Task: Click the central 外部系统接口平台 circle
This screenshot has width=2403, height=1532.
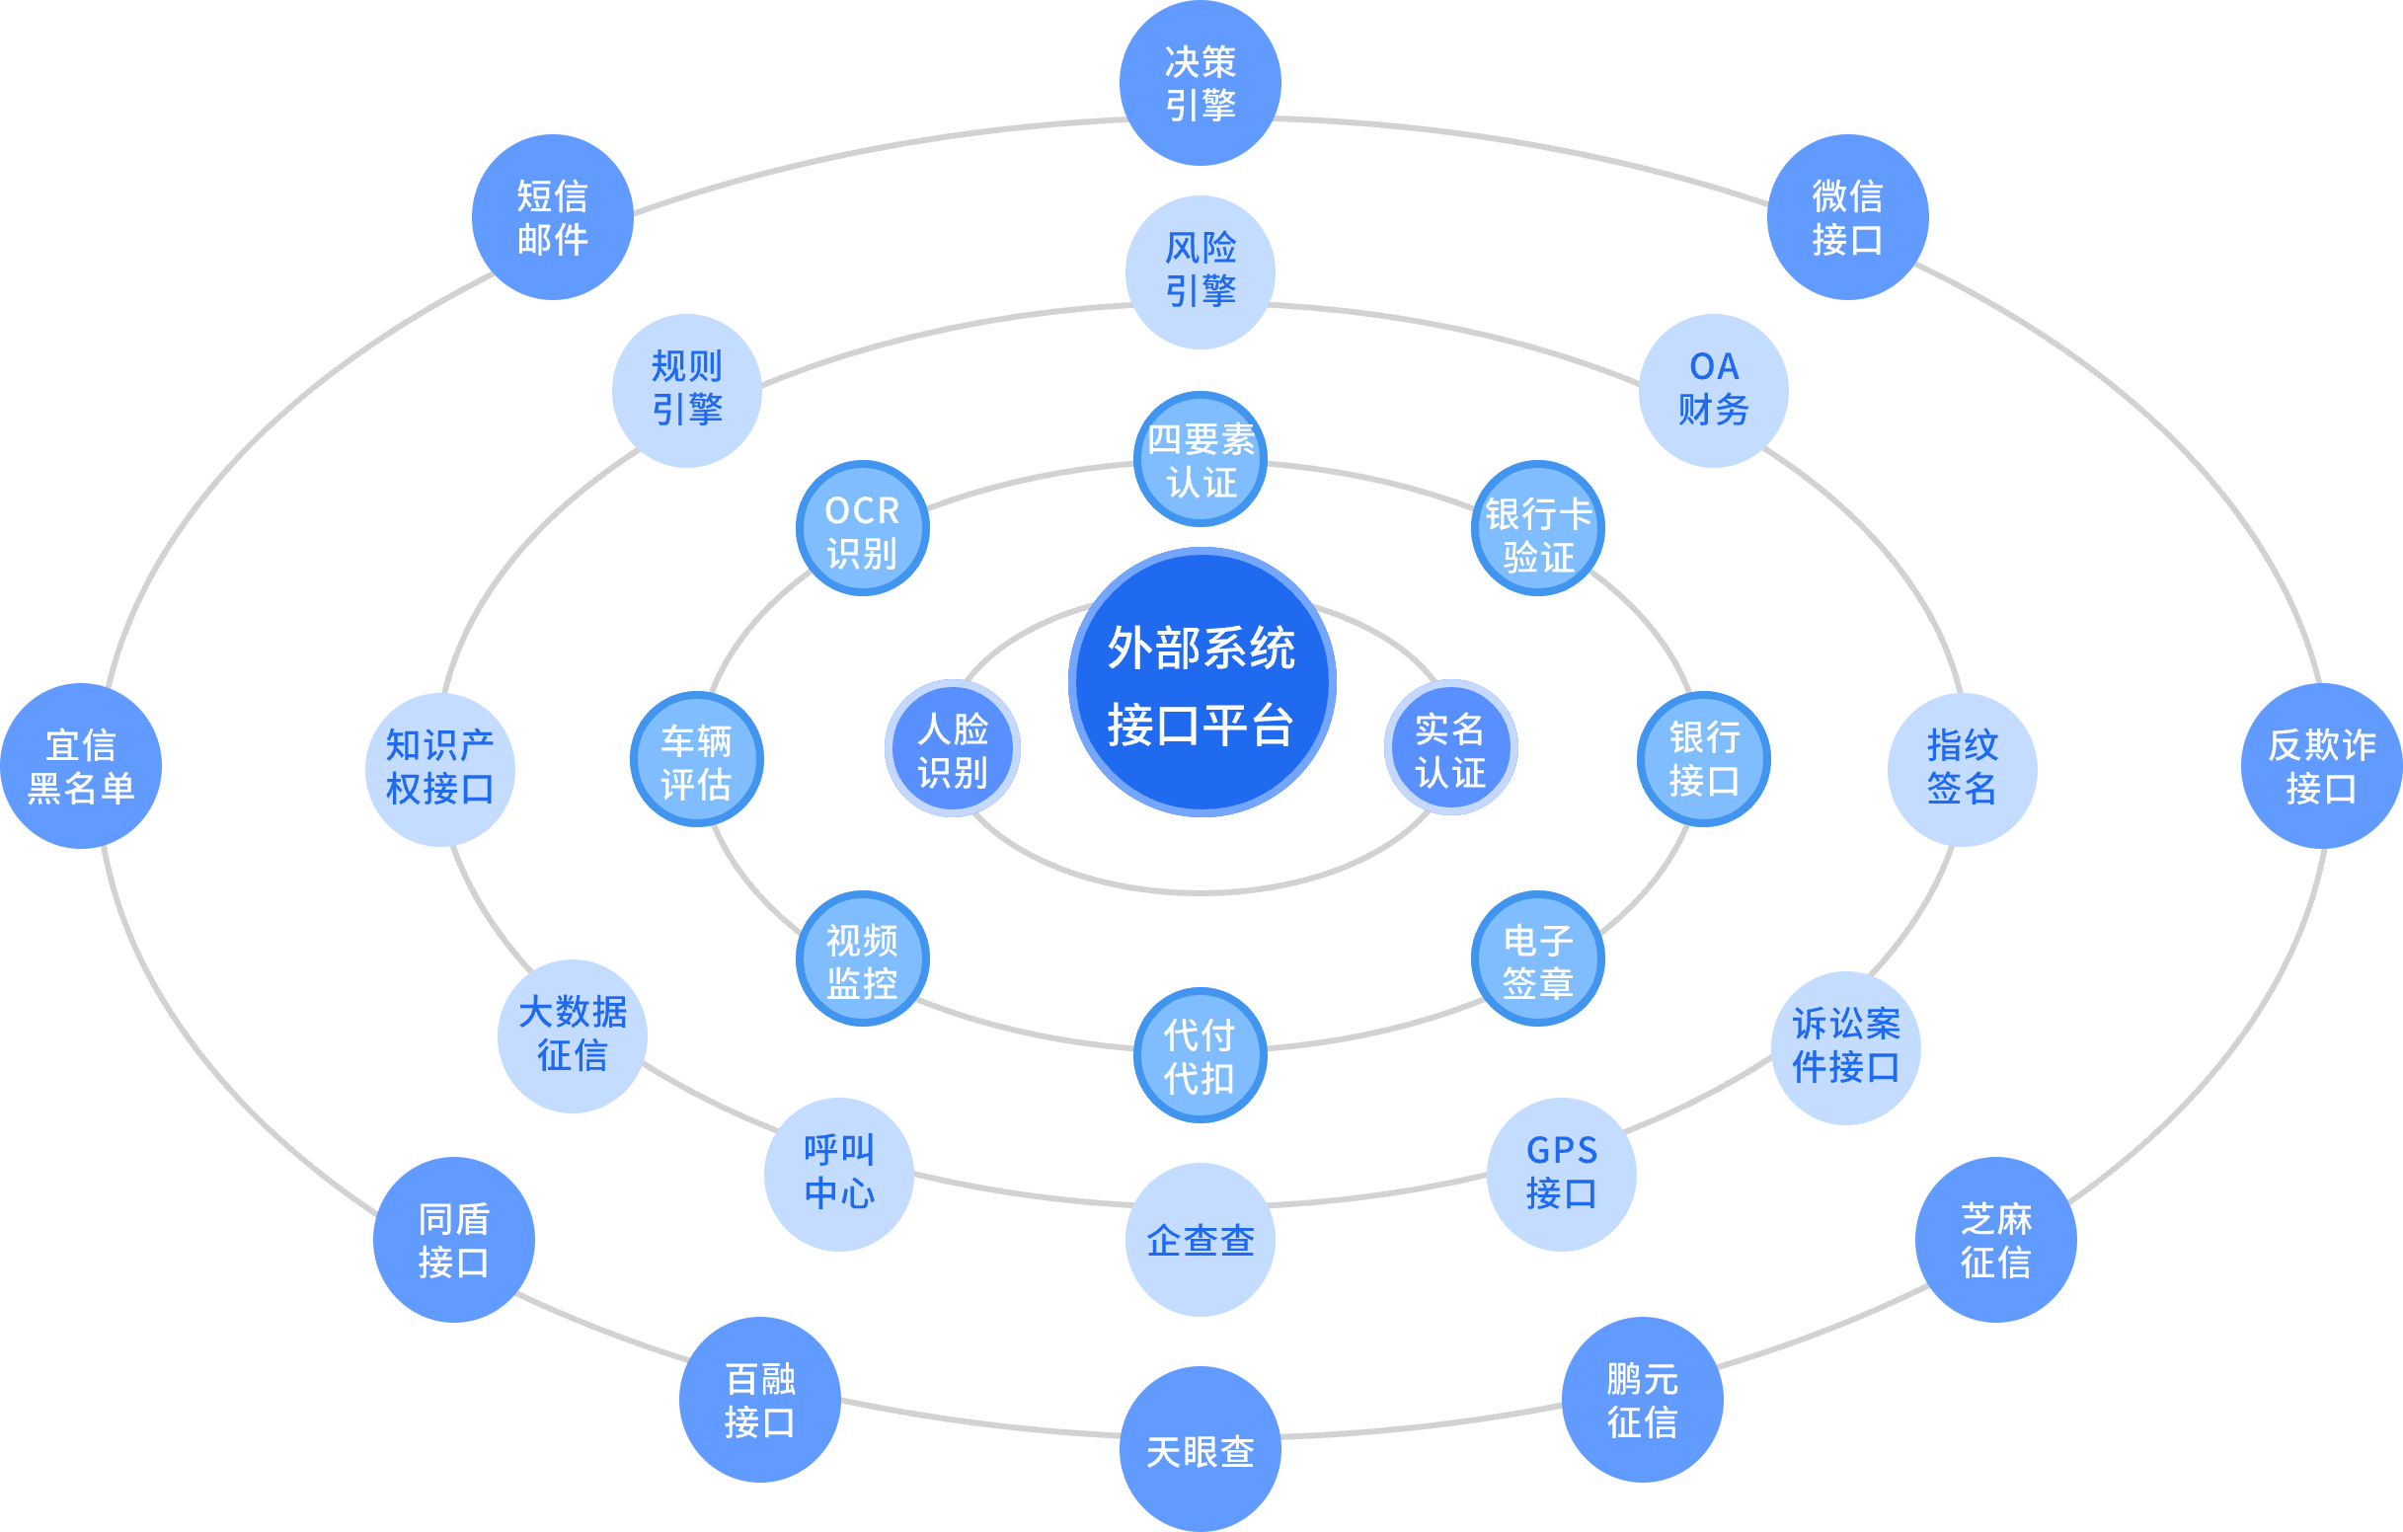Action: pyautogui.click(x=1201, y=683)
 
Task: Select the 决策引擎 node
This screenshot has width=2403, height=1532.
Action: pyautogui.click(x=1201, y=83)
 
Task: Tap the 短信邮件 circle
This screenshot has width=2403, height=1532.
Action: pyautogui.click(x=552, y=216)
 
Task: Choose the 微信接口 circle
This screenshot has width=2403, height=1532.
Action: pyautogui.click(x=1847, y=216)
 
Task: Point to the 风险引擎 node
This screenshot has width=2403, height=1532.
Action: pyautogui.click(x=1201, y=270)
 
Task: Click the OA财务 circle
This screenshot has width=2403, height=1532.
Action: pyautogui.click(x=1714, y=389)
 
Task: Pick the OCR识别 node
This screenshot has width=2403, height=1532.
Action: pyautogui.click(x=862, y=529)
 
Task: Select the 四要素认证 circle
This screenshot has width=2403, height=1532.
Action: pyautogui.click(x=1201, y=459)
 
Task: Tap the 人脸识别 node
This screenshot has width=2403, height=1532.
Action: pyautogui.click(x=952, y=748)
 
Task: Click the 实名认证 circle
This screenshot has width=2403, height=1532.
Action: pyautogui.click(x=1450, y=748)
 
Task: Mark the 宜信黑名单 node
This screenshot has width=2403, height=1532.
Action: pyautogui.click(x=81, y=765)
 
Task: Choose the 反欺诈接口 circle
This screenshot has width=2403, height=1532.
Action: pyautogui.click(x=2321, y=765)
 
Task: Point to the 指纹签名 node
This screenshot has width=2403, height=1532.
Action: pyautogui.click(x=1962, y=769)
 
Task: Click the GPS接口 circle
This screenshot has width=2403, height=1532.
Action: pyautogui.click(x=1562, y=1173)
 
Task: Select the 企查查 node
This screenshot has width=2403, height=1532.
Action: pyautogui.click(x=1201, y=1240)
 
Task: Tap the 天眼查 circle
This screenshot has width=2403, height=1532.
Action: pyautogui.click(x=1201, y=1449)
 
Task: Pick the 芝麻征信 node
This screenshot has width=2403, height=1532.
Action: pyautogui.click(x=1996, y=1240)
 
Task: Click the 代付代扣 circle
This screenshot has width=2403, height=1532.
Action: pyautogui.click(x=1201, y=1056)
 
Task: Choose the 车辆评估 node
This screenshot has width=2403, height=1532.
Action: pyautogui.click(x=697, y=760)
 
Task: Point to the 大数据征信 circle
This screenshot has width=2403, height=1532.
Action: pyautogui.click(x=573, y=1034)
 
